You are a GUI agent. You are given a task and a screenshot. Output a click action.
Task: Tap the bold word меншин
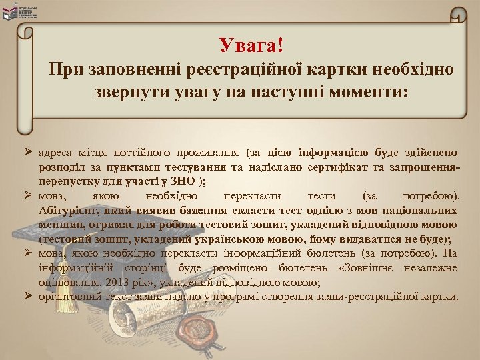(59, 224)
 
